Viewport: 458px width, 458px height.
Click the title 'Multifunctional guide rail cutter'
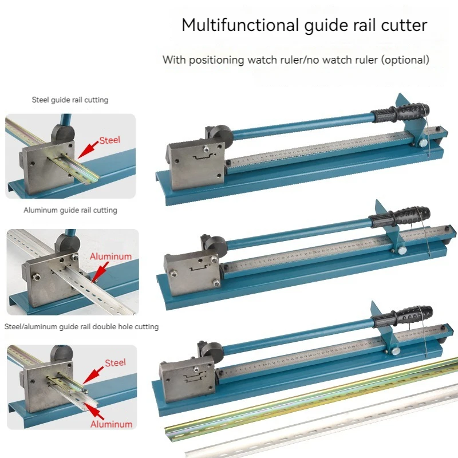304,26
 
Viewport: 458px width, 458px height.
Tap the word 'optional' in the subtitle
406,60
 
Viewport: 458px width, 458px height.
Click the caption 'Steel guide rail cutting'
70,100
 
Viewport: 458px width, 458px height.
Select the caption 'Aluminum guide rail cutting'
70,210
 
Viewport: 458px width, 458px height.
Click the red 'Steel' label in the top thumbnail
110,140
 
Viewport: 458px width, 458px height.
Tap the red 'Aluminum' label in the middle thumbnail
110,257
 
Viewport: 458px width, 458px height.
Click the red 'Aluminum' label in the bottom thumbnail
111,425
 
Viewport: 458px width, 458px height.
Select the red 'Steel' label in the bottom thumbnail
115,363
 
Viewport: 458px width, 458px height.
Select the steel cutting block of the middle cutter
192,269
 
